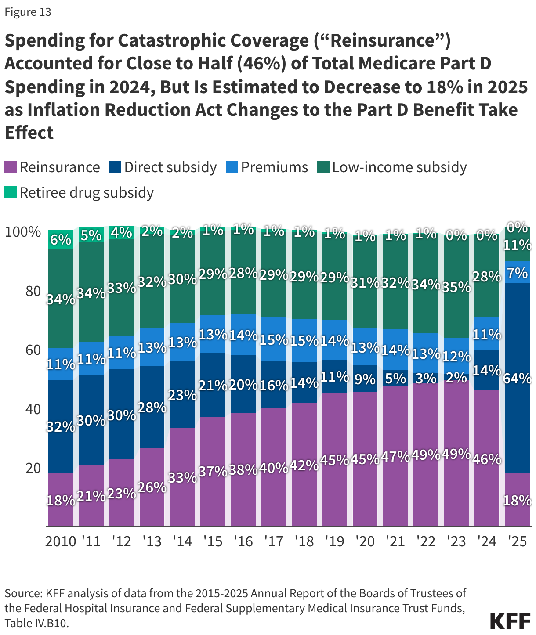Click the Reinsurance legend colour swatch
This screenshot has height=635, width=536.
[11, 167]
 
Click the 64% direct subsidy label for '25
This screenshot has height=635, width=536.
[517, 378]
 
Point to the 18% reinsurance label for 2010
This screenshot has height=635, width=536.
[61, 500]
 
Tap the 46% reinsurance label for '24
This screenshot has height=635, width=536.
[487, 459]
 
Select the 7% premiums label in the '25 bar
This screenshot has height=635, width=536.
[517, 273]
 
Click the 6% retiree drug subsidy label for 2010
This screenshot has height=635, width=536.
[61, 240]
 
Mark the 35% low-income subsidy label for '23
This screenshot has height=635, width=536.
[456, 287]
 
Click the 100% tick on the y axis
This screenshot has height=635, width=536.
[23, 232]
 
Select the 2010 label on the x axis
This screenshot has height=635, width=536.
[61, 541]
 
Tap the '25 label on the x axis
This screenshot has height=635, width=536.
[517, 541]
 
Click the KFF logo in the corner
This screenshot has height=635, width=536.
[510, 621]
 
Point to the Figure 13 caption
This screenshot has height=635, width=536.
[28, 12]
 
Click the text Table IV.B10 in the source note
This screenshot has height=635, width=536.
[36, 623]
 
